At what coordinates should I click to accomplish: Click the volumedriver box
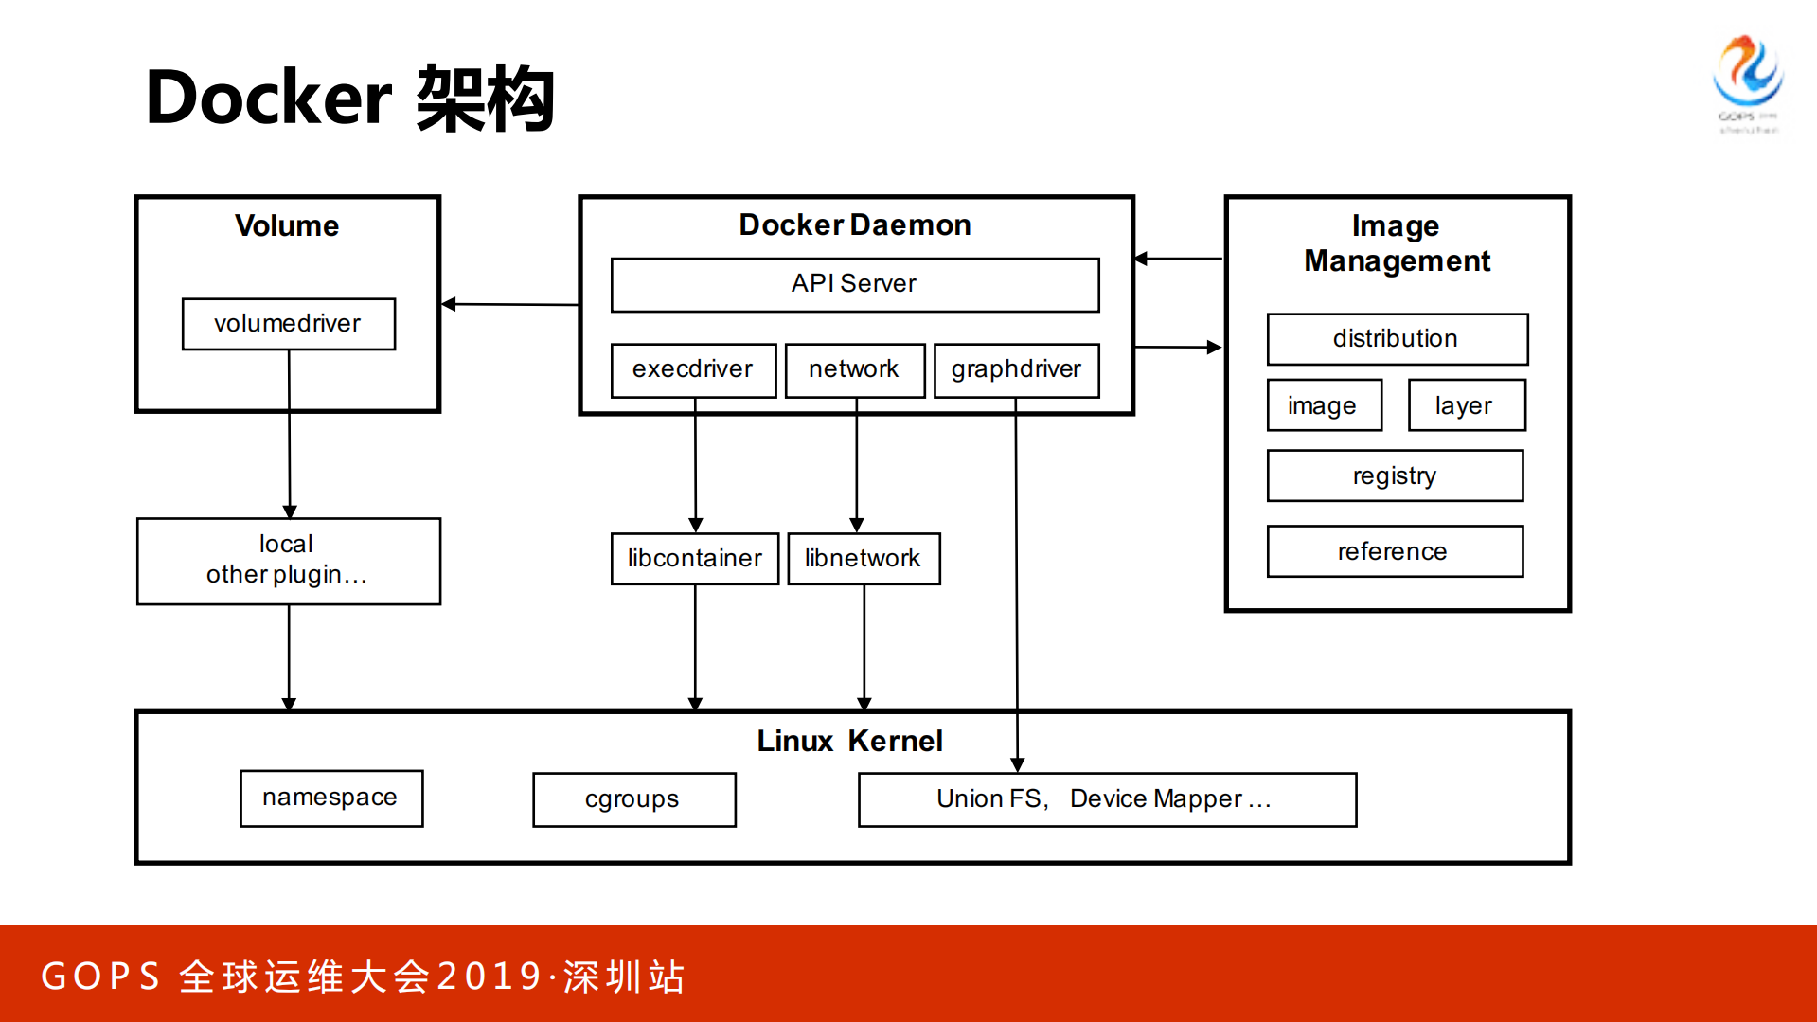coord(288,324)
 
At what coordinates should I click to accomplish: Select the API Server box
coord(854,284)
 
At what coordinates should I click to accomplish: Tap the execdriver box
coord(692,369)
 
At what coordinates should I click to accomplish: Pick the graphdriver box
coord(1016,369)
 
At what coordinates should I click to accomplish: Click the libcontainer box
coord(694,559)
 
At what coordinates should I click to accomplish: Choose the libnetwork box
coord(863,559)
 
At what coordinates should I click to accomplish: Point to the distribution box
coord(1396,339)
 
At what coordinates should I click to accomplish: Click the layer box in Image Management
coord(1465,405)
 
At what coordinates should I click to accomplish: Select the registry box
coord(1394,475)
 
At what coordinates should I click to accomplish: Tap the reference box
coord(1394,551)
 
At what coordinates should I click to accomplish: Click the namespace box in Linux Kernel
coord(330,798)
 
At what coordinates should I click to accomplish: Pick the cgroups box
coord(632,799)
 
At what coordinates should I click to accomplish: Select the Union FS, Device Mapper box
coord(1106,799)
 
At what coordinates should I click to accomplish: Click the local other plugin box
coord(288,561)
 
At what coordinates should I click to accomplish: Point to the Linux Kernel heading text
coord(849,741)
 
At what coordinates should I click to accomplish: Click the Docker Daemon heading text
coord(854,225)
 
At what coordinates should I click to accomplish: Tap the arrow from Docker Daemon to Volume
coord(511,304)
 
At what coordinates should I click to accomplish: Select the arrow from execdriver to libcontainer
coord(695,464)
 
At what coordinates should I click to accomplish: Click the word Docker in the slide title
coord(269,99)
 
